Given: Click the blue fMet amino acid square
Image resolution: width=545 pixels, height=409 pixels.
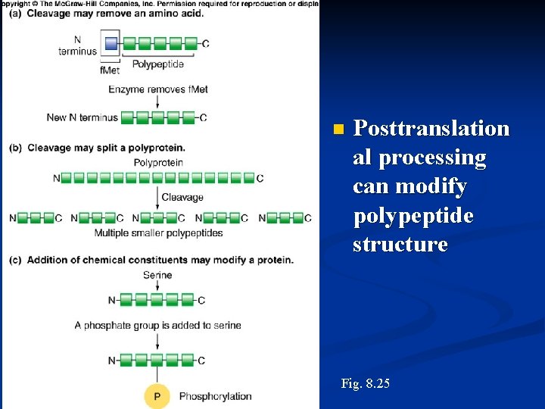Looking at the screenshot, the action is click(x=111, y=44).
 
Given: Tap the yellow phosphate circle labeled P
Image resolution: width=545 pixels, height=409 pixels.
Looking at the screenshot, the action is click(x=157, y=396).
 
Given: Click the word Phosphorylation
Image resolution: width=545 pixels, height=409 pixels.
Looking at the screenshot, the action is click(x=215, y=396).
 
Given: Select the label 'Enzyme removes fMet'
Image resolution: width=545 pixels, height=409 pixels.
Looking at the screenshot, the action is click(x=157, y=89).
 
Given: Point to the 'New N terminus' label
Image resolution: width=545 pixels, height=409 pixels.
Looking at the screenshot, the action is click(x=82, y=117).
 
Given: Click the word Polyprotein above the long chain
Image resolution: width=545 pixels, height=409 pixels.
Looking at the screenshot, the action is click(x=157, y=162).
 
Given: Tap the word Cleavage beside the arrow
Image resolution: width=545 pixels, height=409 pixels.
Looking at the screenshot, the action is click(x=182, y=197).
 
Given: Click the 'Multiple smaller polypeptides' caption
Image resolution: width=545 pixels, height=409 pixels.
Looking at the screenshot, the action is click(x=158, y=233).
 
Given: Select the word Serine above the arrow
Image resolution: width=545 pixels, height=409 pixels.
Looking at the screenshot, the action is click(x=157, y=276).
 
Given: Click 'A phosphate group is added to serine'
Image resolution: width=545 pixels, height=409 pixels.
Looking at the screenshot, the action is click(x=157, y=325).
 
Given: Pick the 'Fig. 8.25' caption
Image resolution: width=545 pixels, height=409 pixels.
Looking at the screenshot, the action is click(x=366, y=384).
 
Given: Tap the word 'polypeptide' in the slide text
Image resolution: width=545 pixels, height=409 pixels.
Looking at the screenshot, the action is click(x=413, y=216).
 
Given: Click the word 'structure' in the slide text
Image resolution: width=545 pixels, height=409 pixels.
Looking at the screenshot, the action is click(x=400, y=245).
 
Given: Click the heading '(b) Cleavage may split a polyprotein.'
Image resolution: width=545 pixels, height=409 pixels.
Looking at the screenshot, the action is click(x=97, y=148).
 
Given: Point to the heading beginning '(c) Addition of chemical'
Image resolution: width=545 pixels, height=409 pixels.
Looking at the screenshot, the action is click(x=151, y=260).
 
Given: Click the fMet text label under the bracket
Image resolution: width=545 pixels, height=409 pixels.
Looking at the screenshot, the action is click(x=111, y=70).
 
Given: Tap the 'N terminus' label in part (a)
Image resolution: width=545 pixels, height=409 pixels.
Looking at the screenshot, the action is click(x=77, y=45).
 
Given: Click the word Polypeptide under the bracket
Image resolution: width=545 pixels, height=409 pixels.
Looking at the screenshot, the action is click(x=158, y=64).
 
